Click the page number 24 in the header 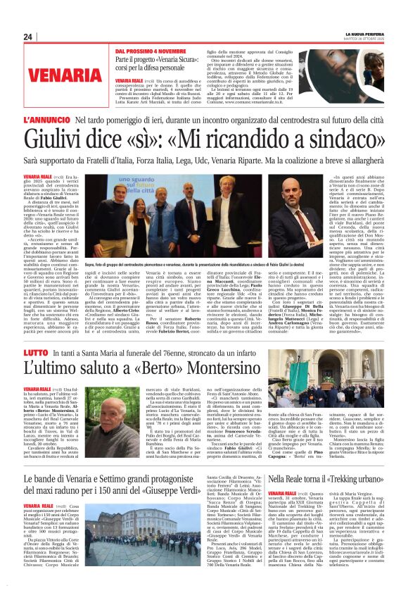(x=27, y=37)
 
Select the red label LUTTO (x=35, y=351)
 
